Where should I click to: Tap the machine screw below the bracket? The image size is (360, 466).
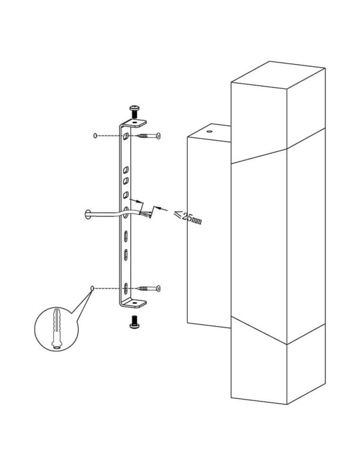pos(134,322)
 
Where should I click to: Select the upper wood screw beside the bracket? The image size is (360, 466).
pos(149,136)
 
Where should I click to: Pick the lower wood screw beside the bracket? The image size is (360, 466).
pos(149,288)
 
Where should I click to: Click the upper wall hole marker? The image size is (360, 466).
pos(95,136)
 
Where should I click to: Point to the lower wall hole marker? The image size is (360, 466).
pos(92,288)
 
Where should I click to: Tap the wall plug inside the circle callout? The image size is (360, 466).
pos(57,328)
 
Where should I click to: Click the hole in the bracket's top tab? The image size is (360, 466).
pos(136,122)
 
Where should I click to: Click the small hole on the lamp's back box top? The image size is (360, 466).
pos(209,131)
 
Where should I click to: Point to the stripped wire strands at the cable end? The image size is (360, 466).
pos(145,214)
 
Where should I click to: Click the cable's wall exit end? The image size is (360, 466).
pos(88,214)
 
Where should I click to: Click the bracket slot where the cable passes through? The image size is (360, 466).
pos(125,213)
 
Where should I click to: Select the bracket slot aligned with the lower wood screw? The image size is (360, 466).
pos(125,288)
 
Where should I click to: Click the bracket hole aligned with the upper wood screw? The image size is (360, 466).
pos(126,136)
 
